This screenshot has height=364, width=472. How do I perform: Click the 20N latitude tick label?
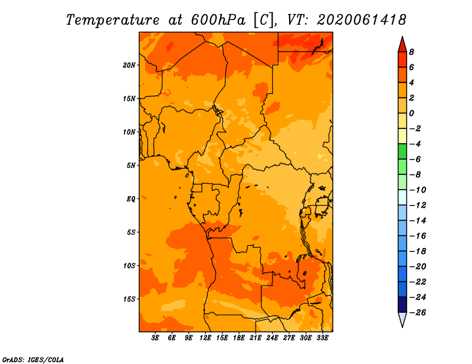[129, 65]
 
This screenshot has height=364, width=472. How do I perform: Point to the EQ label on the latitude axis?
[130, 199]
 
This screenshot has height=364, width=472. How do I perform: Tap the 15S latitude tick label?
[129, 299]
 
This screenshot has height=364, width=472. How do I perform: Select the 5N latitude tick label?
[131, 166]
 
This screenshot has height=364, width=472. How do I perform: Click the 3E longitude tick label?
[155, 338]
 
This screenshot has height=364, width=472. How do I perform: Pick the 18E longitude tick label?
[239, 338]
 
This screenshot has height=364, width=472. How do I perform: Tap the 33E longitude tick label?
[322, 338]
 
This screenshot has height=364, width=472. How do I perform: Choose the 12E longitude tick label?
[205, 338]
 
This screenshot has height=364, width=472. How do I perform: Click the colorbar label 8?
[411, 52]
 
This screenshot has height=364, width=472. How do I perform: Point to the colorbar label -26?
[418, 313]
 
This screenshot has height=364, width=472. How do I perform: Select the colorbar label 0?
[411, 113]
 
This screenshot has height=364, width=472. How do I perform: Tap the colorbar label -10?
[418, 190]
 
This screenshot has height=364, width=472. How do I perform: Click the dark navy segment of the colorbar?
[402, 305]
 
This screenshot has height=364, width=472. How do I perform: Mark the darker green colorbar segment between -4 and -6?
[402, 151]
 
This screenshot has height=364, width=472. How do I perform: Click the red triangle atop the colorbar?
[402, 45]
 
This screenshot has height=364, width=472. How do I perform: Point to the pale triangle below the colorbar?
[402, 320]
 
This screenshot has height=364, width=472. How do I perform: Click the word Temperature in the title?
[113, 20]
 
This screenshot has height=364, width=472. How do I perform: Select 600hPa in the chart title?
[218, 20]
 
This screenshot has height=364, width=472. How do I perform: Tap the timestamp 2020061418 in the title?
[361, 20]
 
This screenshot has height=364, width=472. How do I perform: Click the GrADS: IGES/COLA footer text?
[33, 360]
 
